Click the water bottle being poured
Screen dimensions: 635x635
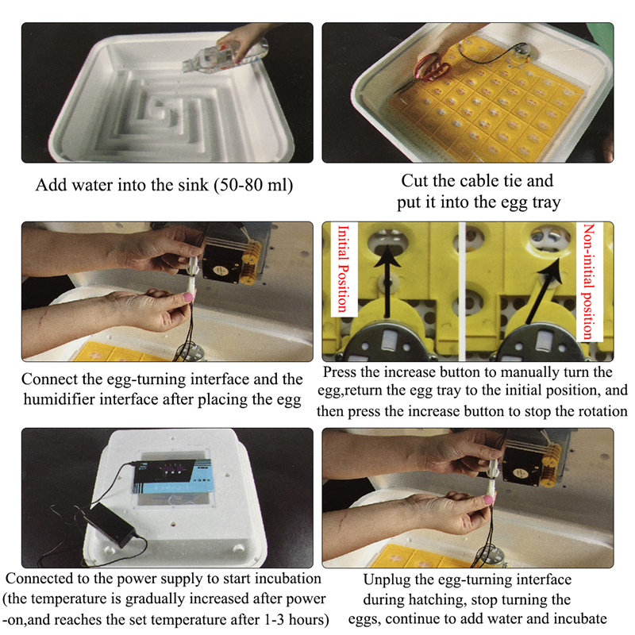pyautogui.click(x=225, y=56)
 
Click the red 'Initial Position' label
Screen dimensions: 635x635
pyautogui.click(x=344, y=268)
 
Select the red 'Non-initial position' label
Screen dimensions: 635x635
pyautogui.click(x=588, y=281)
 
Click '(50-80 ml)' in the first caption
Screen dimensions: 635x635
pyautogui.click(x=254, y=185)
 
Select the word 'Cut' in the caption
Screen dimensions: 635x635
pyautogui.click(x=414, y=181)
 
